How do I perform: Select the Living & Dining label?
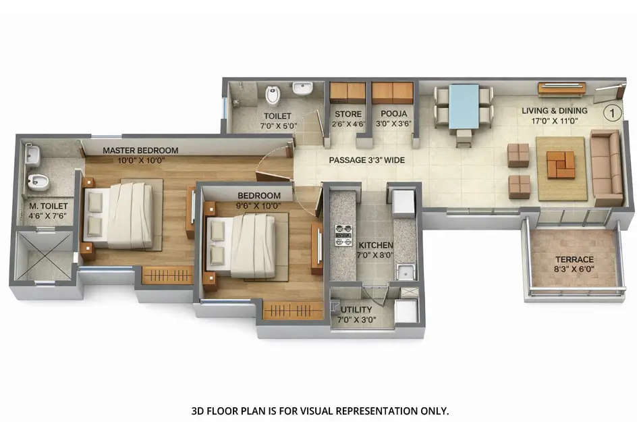tap(554, 110)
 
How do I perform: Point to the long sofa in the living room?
tap(606, 167)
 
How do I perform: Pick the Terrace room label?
tap(574, 259)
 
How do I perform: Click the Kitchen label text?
tap(376, 245)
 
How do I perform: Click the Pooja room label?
tap(393, 114)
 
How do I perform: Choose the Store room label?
tap(348, 114)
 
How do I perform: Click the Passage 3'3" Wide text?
tap(366, 161)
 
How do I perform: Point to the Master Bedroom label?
tap(140, 150)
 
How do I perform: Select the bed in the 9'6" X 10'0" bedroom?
tap(243, 245)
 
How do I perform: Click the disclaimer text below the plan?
tap(320, 410)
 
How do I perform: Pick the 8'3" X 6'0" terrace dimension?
tap(574, 270)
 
